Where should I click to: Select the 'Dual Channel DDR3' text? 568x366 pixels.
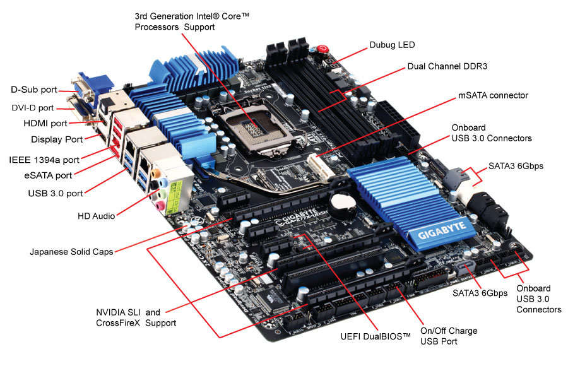(447, 66)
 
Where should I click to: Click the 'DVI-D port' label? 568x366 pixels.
(33, 108)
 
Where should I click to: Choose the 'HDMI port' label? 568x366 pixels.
(42, 123)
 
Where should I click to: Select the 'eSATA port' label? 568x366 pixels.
(45, 175)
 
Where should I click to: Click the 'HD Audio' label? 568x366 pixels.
(96, 216)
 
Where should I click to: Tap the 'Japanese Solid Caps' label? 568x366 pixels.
(71, 252)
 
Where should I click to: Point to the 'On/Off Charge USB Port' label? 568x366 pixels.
(449, 336)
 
